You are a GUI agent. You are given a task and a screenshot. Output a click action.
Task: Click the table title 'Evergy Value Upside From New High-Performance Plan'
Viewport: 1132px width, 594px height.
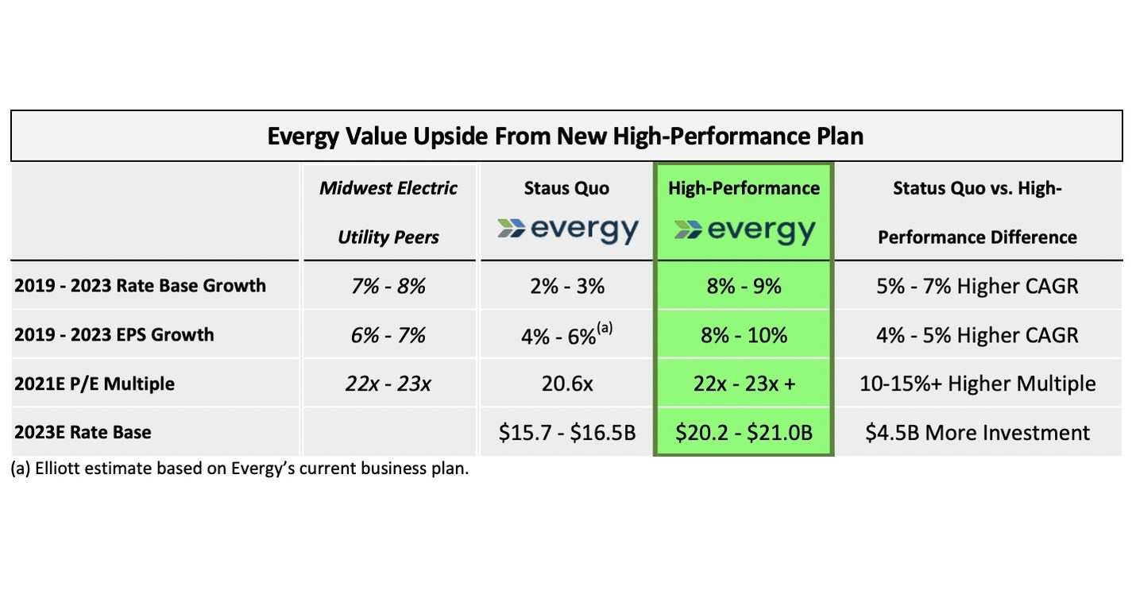click(x=565, y=136)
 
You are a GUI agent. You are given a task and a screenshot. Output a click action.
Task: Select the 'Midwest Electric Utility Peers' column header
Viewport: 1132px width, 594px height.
click(x=388, y=212)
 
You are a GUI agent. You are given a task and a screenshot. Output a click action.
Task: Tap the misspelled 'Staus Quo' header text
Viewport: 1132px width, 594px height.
click(x=566, y=188)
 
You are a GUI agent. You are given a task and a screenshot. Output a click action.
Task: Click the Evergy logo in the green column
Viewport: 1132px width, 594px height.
click(x=744, y=230)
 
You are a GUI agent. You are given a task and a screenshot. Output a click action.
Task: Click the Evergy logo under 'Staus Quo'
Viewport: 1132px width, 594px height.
click(x=566, y=230)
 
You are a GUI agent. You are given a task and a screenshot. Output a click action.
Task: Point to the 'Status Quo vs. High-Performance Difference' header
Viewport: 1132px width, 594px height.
click(x=977, y=212)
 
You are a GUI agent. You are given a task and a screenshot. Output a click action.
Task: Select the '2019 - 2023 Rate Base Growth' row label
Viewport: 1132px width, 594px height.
click(x=140, y=286)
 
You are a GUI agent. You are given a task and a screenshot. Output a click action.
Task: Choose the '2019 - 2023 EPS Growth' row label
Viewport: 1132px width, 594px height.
click(x=114, y=334)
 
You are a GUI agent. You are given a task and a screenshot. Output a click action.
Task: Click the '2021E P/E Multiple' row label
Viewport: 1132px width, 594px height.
click(x=95, y=384)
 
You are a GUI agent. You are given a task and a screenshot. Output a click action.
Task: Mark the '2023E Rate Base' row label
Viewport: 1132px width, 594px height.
click(x=83, y=432)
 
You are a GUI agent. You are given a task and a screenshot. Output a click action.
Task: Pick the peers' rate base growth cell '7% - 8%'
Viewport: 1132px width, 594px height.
click(x=388, y=286)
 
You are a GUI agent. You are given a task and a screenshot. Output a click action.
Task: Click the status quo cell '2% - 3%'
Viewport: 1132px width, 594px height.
click(x=566, y=286)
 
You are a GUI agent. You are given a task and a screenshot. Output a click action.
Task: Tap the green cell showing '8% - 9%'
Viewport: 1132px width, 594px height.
click(x=744, y=286)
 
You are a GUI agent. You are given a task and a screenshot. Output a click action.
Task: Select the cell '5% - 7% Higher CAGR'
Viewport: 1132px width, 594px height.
click(x=977, y=286)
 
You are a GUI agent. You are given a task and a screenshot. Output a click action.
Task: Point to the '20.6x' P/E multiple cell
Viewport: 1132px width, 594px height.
click(x=566, y=384)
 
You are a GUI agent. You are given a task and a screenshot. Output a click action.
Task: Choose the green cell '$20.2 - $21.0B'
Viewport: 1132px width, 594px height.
click(x=744, y=433)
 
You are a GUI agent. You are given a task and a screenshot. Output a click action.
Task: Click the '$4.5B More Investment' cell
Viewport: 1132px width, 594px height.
click(x=977, y=433)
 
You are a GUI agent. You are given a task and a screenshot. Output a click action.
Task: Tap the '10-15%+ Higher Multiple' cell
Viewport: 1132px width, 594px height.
click(x=977, y=384)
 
